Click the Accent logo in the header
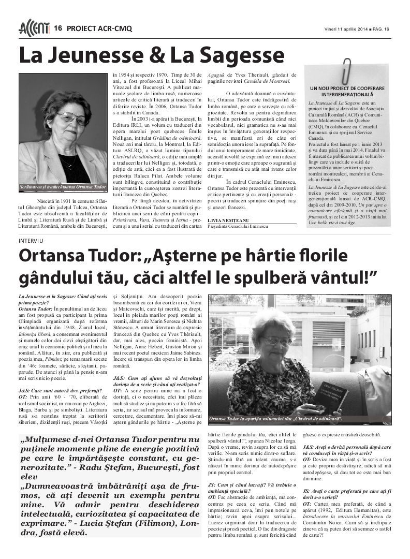(x=34, y=28)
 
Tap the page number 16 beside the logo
(x=58, y=28)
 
